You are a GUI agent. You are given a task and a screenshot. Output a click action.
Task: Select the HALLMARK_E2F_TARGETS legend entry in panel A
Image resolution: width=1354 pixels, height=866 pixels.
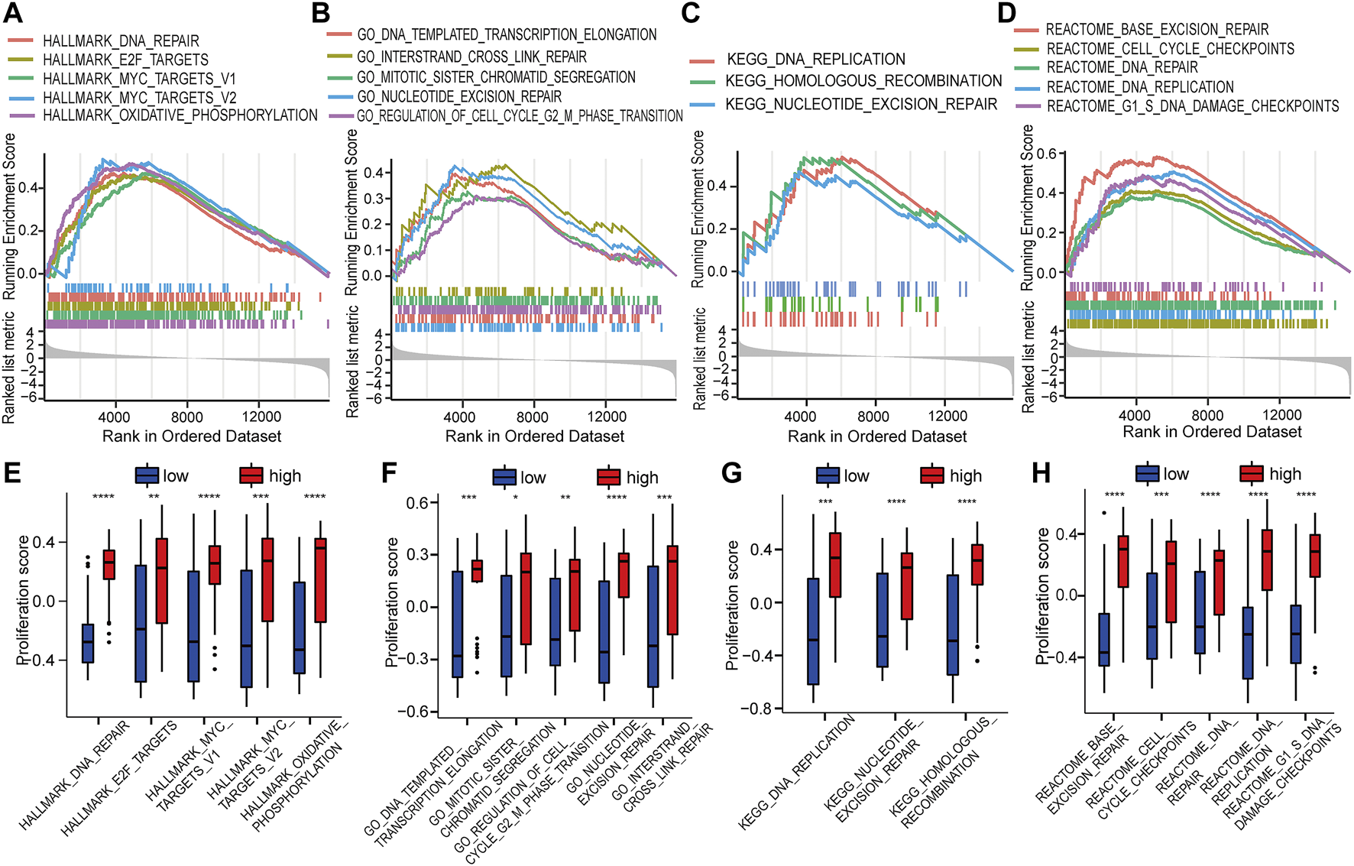pos(125,60)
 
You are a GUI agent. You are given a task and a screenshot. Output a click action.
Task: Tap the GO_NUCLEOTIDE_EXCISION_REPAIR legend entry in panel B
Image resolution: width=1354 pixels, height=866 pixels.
pos(458,96)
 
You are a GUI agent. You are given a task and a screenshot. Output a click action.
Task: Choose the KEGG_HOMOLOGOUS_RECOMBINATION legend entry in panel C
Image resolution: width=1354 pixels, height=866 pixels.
pos(863,81)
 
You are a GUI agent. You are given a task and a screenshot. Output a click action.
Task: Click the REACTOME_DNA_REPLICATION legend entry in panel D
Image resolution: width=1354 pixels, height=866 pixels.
pos(1140,87)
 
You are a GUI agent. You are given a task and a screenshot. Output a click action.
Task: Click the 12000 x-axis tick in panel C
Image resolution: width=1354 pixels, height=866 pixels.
pos(947,417)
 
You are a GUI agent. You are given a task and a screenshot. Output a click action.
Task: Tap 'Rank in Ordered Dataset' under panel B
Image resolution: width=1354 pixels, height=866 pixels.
pos(534,436)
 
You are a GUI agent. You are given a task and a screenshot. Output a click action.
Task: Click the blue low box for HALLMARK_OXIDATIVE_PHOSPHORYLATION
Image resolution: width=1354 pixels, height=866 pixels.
pos(299,628)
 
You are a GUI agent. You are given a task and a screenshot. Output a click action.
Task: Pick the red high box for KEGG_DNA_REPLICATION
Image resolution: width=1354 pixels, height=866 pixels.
pos(835,564)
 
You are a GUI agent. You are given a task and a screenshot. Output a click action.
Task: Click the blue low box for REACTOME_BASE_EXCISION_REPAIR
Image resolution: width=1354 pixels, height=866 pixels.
pos(1104,639)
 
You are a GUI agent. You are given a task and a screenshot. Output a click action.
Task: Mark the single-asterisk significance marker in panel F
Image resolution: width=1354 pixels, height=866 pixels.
pos(516,498)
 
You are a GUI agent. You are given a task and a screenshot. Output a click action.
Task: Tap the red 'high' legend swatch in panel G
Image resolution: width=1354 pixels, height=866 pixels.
pos(932,475)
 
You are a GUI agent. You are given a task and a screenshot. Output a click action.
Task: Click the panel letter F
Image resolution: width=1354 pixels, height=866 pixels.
pos(390,472)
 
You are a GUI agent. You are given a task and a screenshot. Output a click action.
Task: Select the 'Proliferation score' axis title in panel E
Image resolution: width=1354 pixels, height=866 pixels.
pos(24,599)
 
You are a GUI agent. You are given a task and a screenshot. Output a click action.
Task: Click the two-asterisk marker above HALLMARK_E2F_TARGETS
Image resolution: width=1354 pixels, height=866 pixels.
pos(154,498)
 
